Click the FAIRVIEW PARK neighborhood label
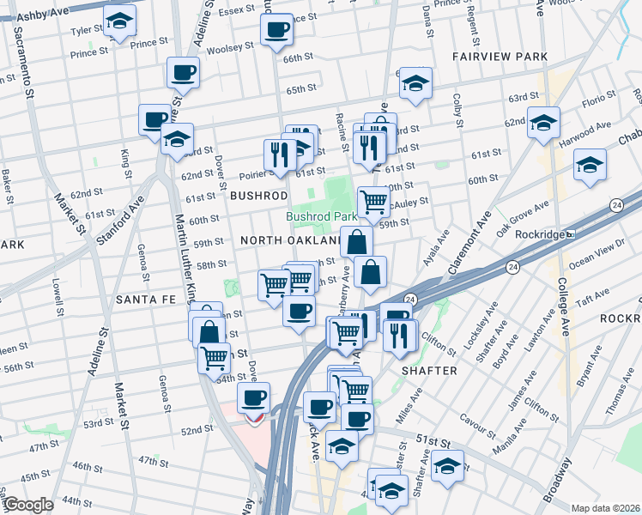(500, 57)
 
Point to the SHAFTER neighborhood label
(429, 370)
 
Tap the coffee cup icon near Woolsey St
(277, 31)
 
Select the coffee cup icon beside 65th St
(183, 73)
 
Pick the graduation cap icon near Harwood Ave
(590, 164)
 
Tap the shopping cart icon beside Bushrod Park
(373, 203)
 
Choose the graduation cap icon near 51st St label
(447, 466)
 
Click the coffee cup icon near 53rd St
(253, 397)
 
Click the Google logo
(27, 505)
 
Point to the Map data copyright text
(604, 508)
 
